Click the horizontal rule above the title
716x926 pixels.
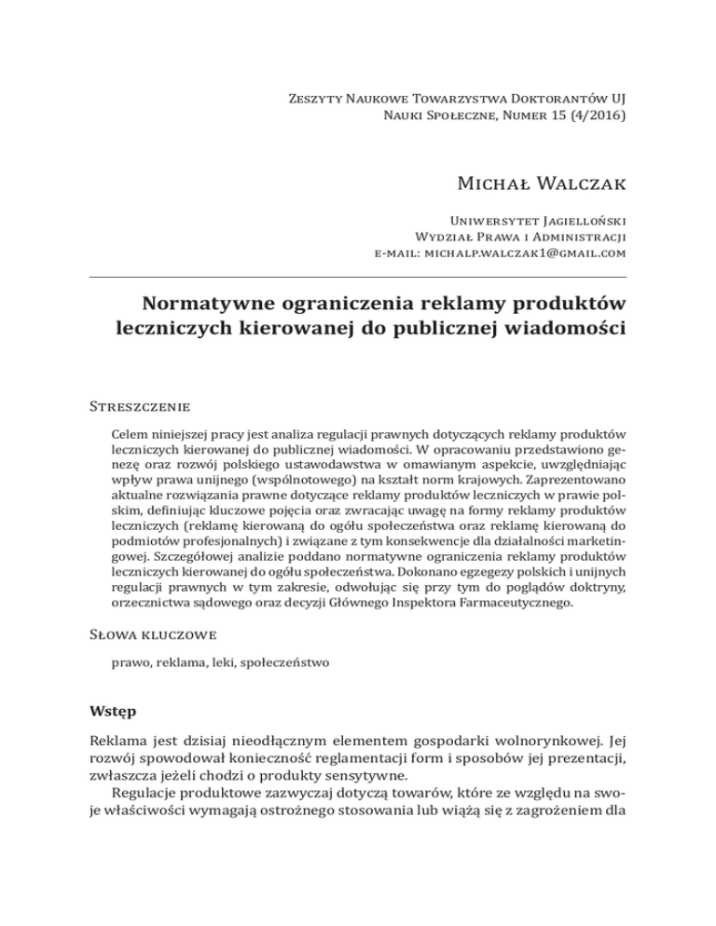click(357, 277)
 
